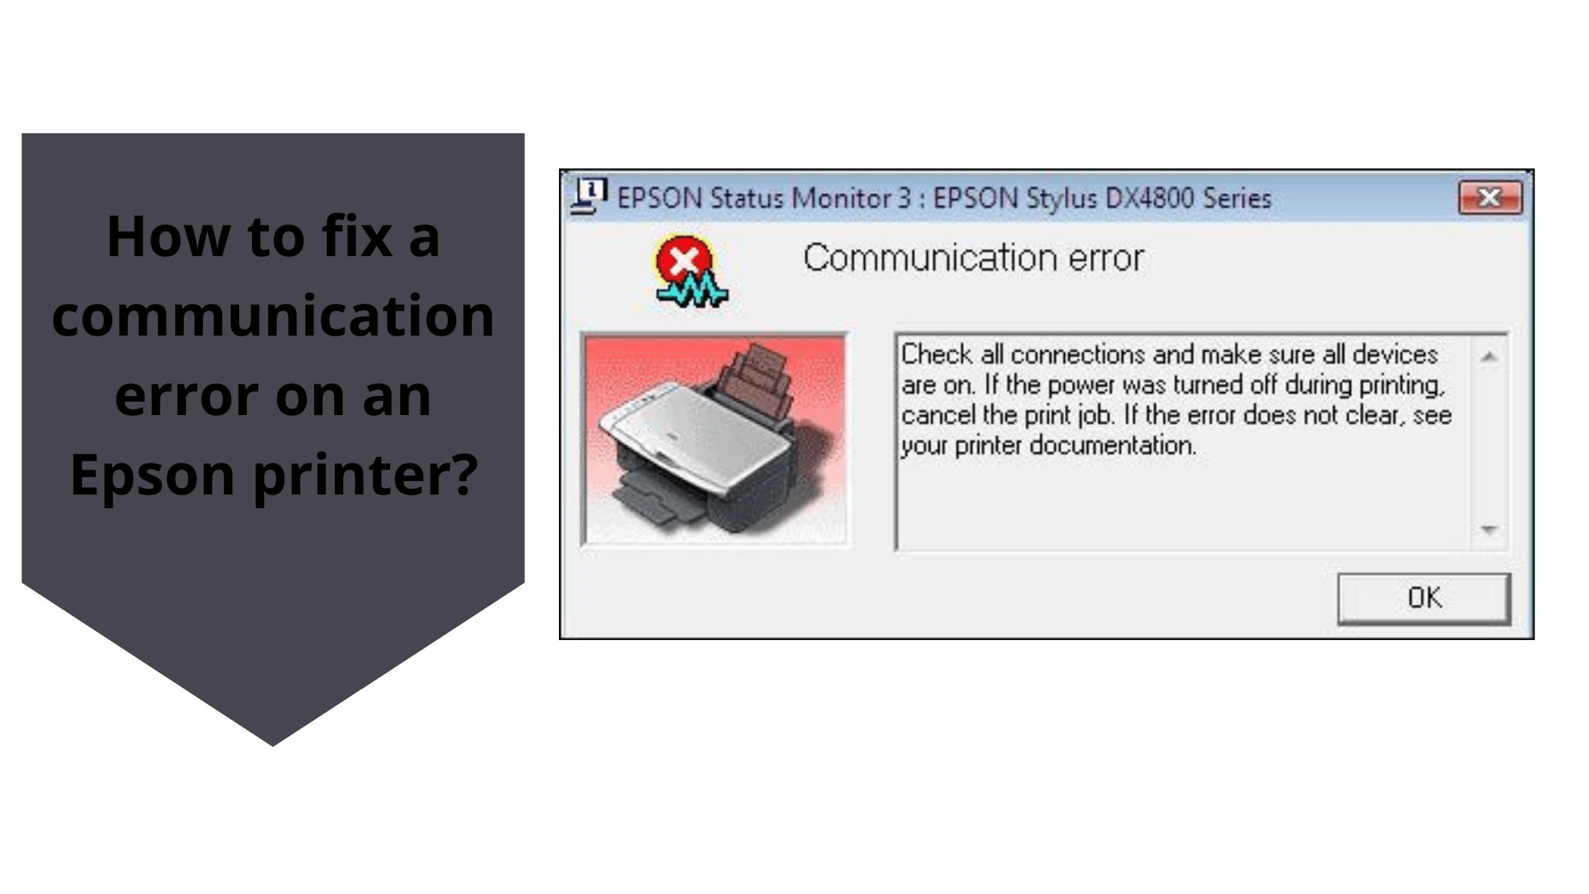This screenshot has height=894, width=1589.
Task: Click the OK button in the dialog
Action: pyautogui.click(x=1424, y=598)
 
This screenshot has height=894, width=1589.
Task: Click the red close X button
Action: pyautogui.click(x=1490, y=197)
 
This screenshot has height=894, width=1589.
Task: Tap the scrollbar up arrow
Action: pyautogui.click(x=1489, y=357)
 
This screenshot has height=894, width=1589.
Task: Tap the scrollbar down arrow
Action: pyautogui.click(x=1489, y=529)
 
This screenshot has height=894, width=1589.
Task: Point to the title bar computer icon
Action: pyautogui.click(x=588, y=196)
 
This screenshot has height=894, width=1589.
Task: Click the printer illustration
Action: pyautogui.click(x=714, y=440)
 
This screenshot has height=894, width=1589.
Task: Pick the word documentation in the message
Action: pyautogui.click(x=1112, y=446)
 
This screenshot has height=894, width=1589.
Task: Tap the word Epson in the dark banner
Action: pyautogui.click(x=152, y=475)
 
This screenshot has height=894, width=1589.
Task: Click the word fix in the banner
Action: pyautogui.click(x=357, y=236)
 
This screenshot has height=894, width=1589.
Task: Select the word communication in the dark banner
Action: pyautogui.click(x=273, y=316)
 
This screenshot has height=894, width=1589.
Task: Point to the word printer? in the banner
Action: pyautogui.click(x=365, y=475)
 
